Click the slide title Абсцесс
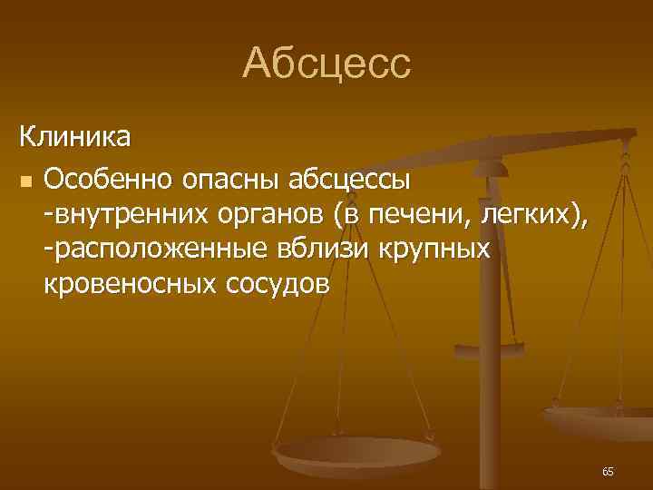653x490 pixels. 326,64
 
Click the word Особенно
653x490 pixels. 109,180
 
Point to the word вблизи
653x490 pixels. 324,249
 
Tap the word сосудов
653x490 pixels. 275,283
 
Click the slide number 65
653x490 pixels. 607,472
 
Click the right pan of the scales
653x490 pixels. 603,417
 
